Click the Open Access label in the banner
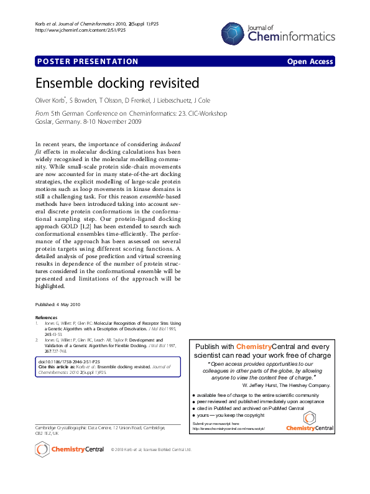tap(310, 61)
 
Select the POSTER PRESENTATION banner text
tap(88, 61)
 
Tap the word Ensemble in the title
tap(65, 83)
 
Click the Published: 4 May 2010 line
tap(58, 304)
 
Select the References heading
tap(46, 317)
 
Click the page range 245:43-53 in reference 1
tap(53, 334)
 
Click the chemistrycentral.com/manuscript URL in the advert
tap(228, 429)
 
